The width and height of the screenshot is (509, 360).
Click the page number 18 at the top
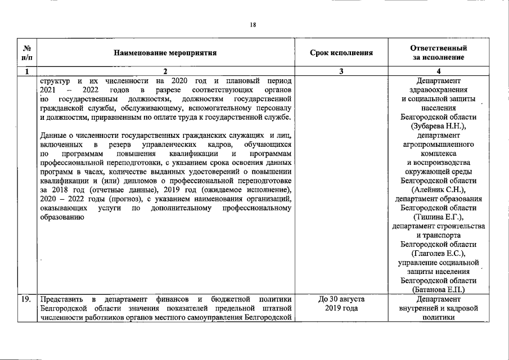point(254,24)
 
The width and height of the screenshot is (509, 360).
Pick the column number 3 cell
point(341,71)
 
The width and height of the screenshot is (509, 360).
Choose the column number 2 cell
point(165,71)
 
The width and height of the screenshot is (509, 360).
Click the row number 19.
point(26,299)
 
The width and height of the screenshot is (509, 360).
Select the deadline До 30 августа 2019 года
point(341,304)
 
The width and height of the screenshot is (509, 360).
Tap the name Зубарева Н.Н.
point(439,126)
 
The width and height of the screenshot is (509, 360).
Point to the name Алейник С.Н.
point(439,190)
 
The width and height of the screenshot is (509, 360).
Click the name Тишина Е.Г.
point(439,217)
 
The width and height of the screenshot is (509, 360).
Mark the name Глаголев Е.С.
point(439,253)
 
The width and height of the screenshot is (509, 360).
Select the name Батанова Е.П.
point(439,290)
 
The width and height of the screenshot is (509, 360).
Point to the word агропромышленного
point(439,144)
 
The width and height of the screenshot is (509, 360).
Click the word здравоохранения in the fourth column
point(439,89)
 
